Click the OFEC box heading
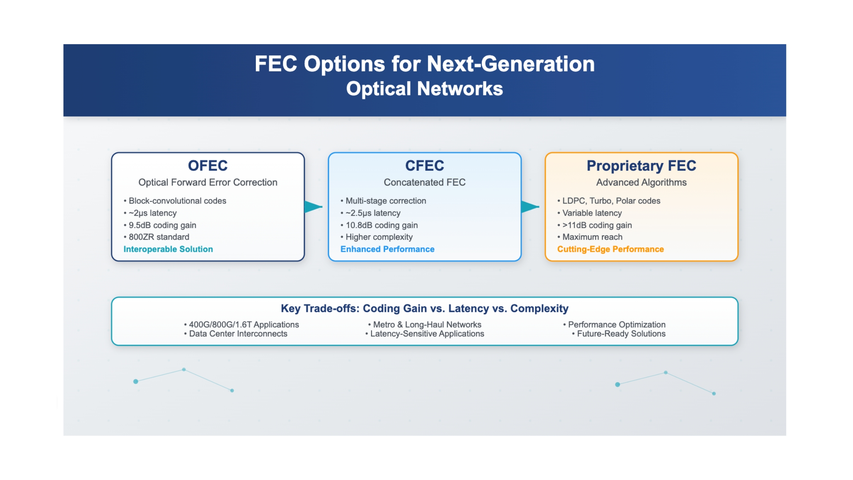pyautogui.click(x=208, y=166)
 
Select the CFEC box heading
pyautogui.click(x=425, y=166)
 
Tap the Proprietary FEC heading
pyautogui.click(x=641, y=166)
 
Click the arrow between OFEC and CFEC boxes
pyautogui.click(x=313, y=207)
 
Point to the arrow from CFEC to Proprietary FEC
pyautogui.click(x=530, y=207)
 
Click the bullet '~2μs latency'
pyautogui.click(x=150, y=213)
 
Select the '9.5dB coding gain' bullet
pyautogui.click(x=160, y=225)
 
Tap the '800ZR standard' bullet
pyautogui.click(x=157, y=237)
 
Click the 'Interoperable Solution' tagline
pyautogui.click(x=168, y=249)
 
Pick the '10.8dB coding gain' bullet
pyautogui.click(x=379, y=225)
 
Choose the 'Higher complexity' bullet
pyautogui.click(x=377, y=237)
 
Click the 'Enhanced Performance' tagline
pyautogui.click(x=387, y=249)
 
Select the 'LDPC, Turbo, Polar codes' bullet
pyautogui.click(x=609, y=201)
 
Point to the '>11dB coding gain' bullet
pyautogui.click(x=594, y=225)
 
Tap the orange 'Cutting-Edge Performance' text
pyautogui.click(x=610, y=249)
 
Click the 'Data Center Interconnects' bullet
pyautogui.click(x=236, y=334)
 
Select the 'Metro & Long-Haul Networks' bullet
pyautogui.click(x=425, y=325)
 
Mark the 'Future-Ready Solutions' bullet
pyautogui.click(x=619, y=334)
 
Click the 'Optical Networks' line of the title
pyautogui.click(x=425, y=89)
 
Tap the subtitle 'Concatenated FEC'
pyautogui.click(x=425, y=182)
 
